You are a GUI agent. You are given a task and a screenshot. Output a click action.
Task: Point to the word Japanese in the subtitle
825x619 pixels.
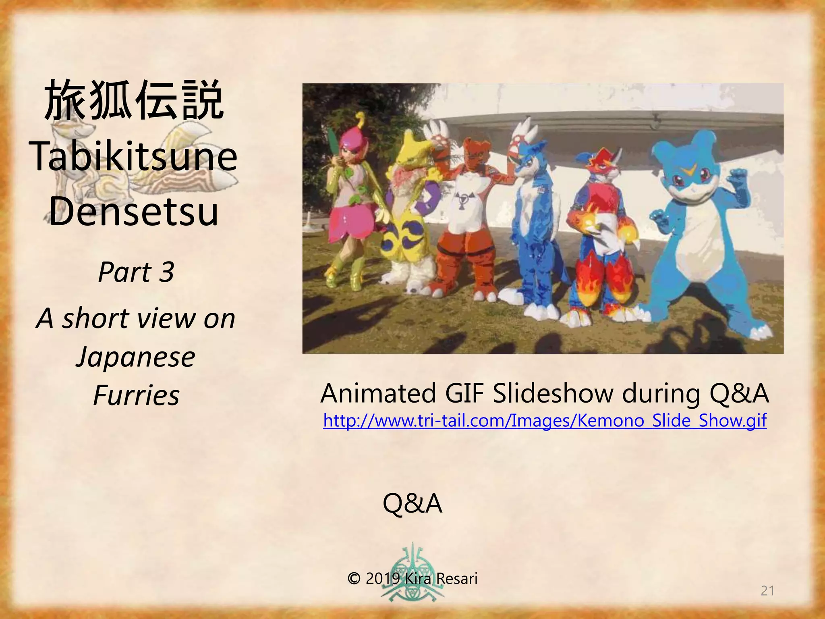point(136,357)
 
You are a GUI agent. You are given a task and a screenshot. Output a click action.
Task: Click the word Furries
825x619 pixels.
point(136,395)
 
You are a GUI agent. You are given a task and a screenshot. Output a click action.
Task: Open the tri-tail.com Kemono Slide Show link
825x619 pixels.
point(545,420)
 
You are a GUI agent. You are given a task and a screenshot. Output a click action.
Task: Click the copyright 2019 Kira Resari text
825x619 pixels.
point(412,578)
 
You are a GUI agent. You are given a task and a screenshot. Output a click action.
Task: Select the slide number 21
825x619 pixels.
point(767,590)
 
